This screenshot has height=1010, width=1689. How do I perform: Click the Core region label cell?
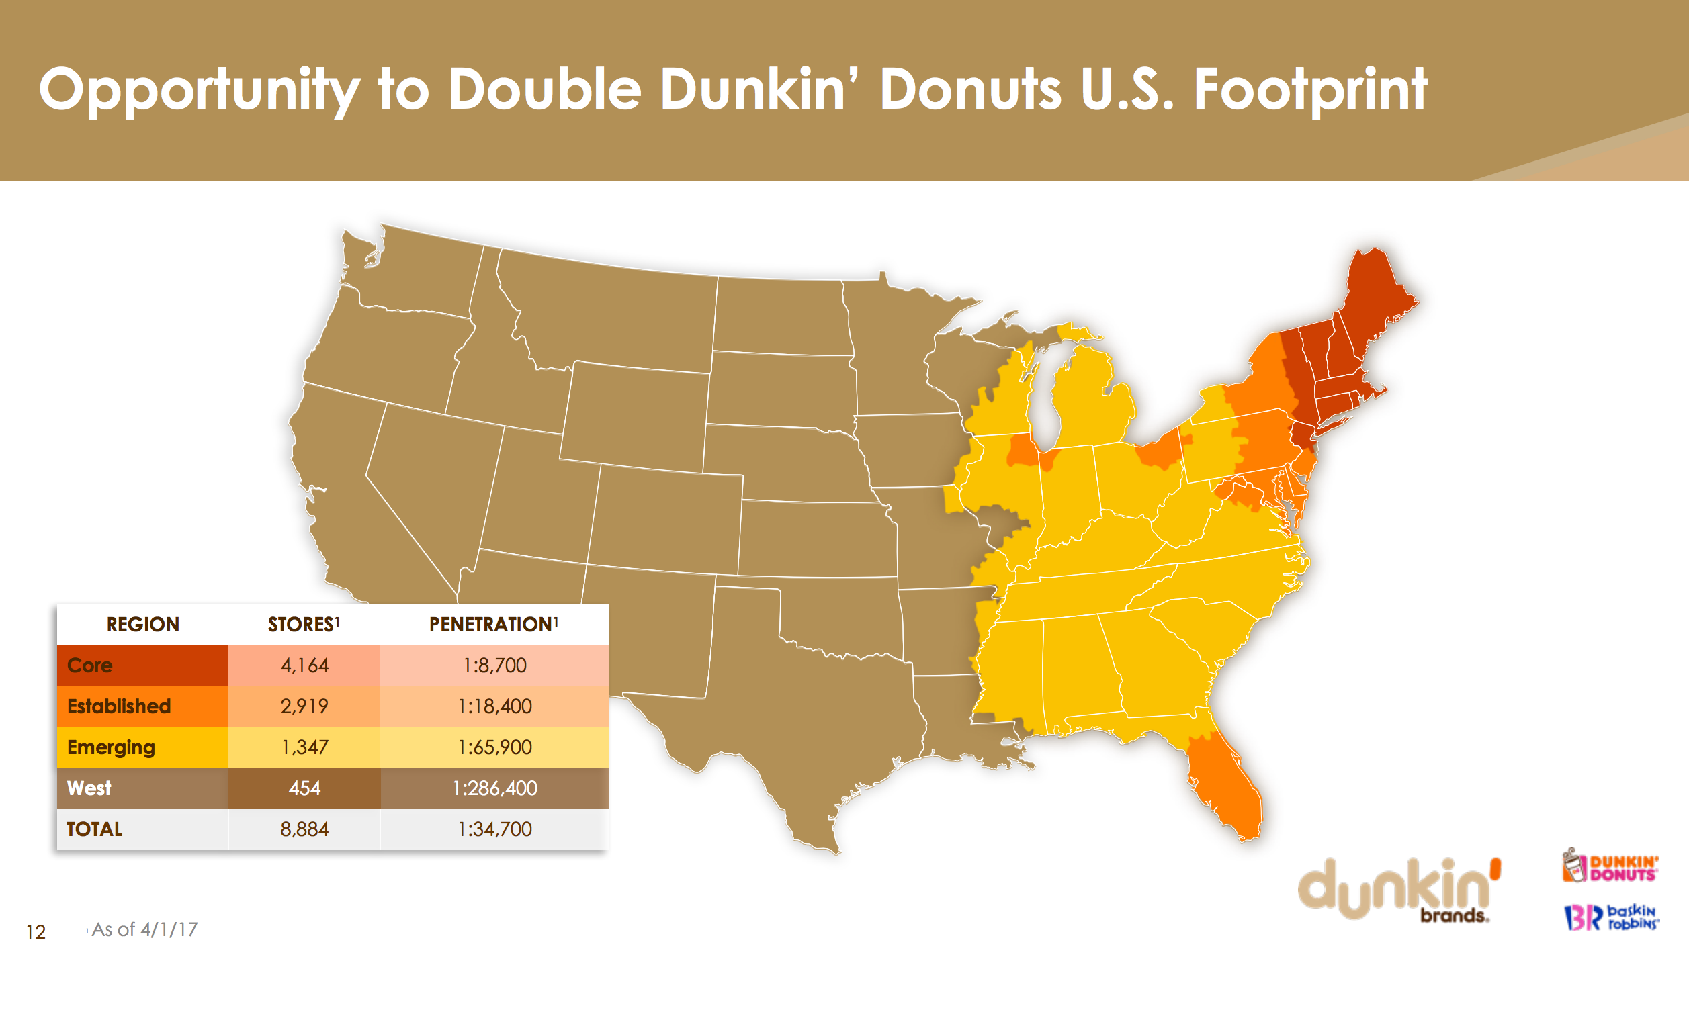click(142, 665)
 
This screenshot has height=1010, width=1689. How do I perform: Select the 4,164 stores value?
click(304, 665)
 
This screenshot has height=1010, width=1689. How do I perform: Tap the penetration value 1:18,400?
click(494, 706)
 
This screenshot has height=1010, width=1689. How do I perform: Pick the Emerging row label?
click(111, 747)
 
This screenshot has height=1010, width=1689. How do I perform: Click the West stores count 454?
click(304, 788)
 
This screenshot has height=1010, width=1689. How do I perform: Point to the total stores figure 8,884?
click(304, 829)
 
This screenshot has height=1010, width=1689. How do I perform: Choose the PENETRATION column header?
click(494, 624)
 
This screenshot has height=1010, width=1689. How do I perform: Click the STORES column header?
click(304, 624)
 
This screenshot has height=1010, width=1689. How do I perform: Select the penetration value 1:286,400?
click(494, 788)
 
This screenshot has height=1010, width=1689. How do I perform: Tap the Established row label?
click(119, 706)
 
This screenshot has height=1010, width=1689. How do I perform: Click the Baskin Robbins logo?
click(1610, 917)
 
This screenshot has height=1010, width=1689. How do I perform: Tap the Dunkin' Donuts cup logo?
click(1610, 866)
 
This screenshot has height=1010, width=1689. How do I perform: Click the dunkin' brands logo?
click(1399, 888)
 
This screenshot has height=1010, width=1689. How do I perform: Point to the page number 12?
click(36, 931)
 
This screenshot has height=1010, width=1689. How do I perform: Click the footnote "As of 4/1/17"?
click(144, 929)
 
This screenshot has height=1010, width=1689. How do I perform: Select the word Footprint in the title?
click(1311, 90)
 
